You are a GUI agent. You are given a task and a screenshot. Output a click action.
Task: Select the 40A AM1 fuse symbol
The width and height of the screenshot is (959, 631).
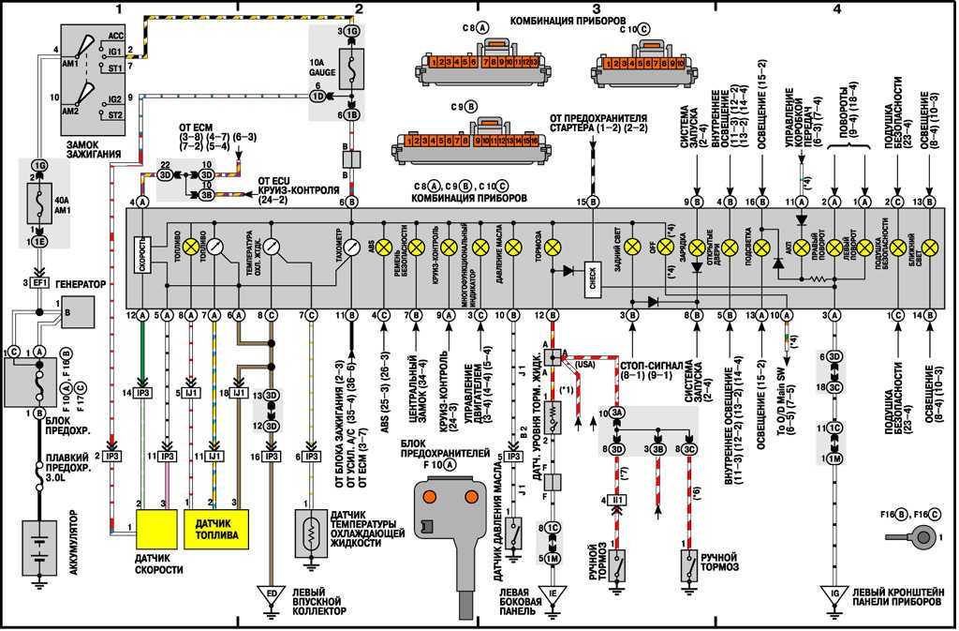click(38, 201)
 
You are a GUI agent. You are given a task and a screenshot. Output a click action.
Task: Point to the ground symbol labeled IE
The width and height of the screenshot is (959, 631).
click(553, 593)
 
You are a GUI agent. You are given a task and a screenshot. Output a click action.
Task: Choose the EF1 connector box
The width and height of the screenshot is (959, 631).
click(38, 281)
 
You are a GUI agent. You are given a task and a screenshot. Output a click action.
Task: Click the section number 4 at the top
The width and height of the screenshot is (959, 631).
click(836, 9)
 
